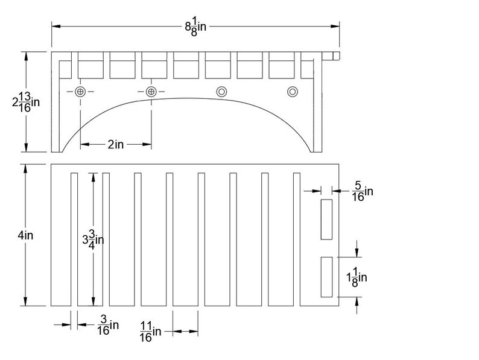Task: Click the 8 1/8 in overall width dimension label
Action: pos(195,27)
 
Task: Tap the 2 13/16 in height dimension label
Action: pos(26,102)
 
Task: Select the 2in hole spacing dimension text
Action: pos(115,144)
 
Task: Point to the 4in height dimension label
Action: pos(25,235)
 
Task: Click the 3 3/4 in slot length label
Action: pos(93,240)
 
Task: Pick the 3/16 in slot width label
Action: pos(108,325)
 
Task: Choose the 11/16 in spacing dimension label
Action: pos(150,332)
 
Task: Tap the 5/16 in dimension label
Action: pos(363,191)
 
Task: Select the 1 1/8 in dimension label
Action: pos(357,277)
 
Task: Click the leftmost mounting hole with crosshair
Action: pos(80,91)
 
